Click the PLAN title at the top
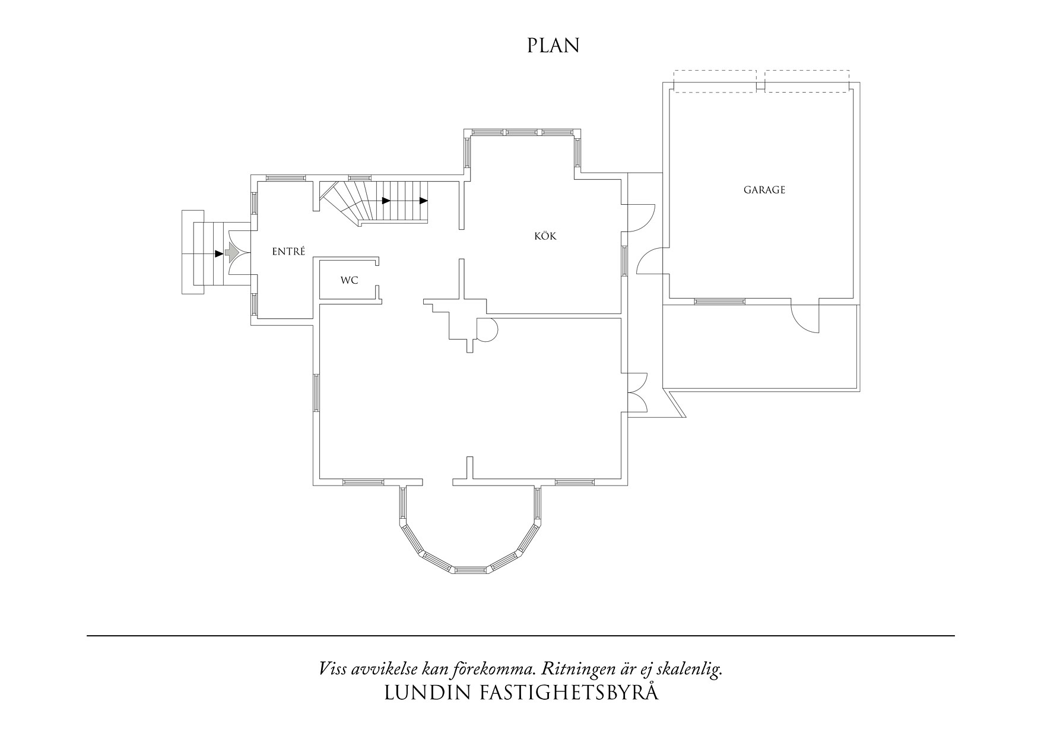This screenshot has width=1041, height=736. pos(553,46)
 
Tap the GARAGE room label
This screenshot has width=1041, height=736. pos(764,190)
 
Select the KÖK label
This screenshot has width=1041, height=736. pos(545,236)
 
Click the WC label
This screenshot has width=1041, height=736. pos(349,280)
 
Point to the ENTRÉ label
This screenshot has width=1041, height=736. pos(288,252)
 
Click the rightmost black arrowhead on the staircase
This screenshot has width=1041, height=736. pos(423,201)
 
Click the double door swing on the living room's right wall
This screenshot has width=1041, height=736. pos(637,392)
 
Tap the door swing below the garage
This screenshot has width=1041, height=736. pos(804,319)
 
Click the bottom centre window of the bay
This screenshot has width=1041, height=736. pos(472,569)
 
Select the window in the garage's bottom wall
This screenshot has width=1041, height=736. pos(719,302)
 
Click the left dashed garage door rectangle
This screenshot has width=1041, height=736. pos(715,81)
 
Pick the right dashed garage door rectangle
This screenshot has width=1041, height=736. pos(807,81)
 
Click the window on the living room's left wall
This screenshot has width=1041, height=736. pos(316,392)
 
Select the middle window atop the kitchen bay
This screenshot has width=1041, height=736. pos(521,132)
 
